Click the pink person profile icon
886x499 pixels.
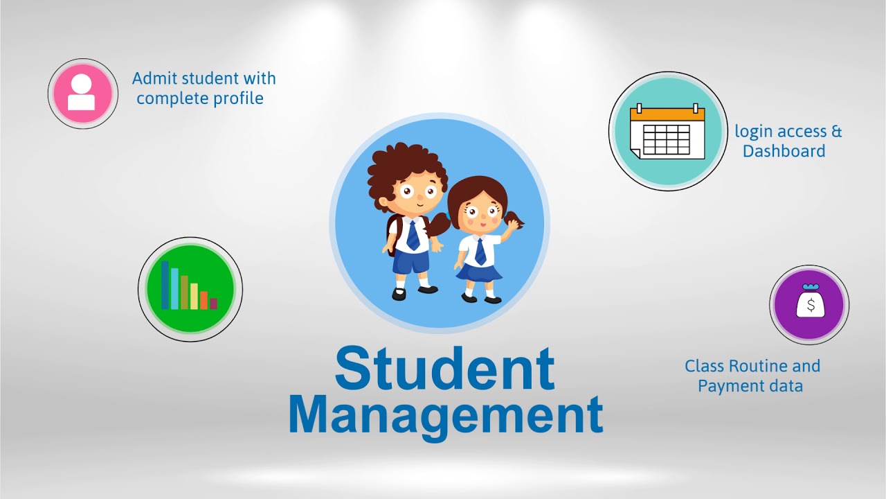82,93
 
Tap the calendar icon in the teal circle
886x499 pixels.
667,131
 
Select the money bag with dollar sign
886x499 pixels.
809,303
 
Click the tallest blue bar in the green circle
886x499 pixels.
165,284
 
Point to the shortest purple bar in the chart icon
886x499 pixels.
213,304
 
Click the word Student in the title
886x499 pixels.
444,368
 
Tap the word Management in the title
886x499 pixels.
445,414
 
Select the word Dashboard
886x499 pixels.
784,151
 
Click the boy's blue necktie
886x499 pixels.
413,235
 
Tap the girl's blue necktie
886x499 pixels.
480,250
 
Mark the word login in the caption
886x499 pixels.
752,132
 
